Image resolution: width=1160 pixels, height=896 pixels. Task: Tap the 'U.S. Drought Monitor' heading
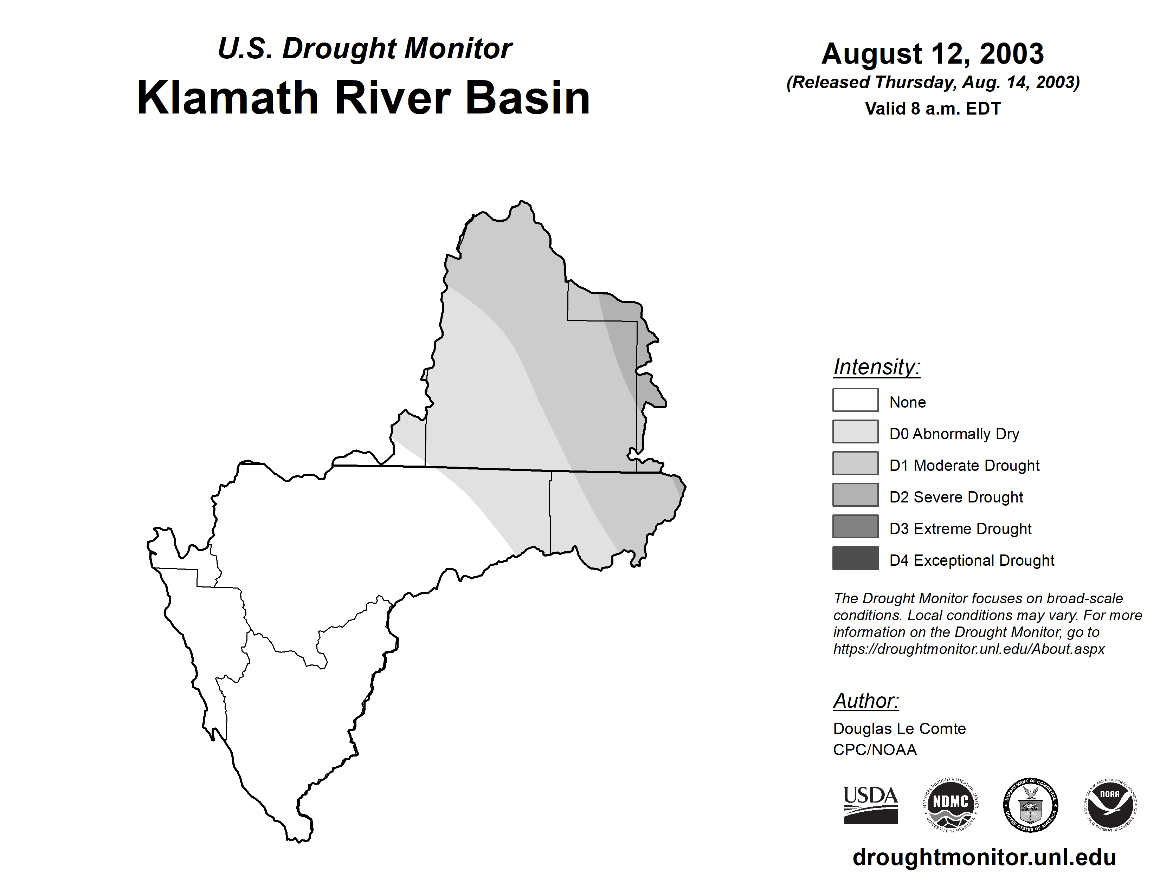(365, 49)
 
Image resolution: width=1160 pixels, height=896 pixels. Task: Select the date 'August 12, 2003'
(933, 54)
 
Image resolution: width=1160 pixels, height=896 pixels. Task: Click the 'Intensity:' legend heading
(876, 367)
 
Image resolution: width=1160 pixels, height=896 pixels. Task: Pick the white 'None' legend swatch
(855, 400)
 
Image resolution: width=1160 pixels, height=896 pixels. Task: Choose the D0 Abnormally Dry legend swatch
(855, 431)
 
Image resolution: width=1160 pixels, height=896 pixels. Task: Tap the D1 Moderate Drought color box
(855, 463)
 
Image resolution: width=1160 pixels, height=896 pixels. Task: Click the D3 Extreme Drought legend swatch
(855, 526)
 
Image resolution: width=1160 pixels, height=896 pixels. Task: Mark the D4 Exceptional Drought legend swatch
(855, 558)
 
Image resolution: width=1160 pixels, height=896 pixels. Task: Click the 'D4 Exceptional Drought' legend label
(972, 560)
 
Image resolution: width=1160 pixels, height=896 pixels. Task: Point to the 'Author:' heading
(866, 701)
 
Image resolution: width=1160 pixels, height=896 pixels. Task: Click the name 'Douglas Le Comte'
(899, 728)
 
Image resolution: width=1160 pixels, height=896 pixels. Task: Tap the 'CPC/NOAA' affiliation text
(875, 749)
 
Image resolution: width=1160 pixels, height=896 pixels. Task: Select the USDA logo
(871, 805)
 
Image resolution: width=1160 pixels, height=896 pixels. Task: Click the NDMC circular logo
(951, 805)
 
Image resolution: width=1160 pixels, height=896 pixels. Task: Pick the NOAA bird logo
(1110, 805)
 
